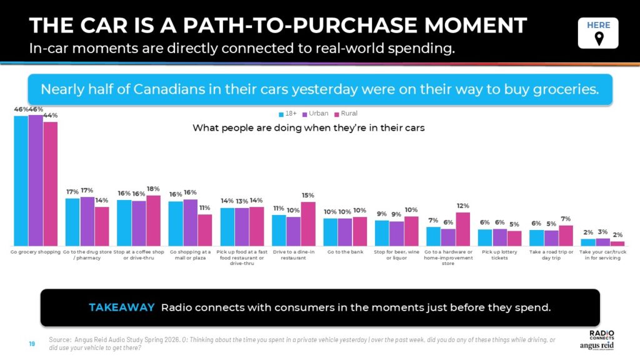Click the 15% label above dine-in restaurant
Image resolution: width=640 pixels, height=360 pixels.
308,195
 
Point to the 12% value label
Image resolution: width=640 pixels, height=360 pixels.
462,206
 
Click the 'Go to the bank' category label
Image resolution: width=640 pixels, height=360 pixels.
344,252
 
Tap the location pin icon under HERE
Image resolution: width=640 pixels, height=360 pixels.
598,39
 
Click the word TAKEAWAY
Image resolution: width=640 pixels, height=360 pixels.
121,307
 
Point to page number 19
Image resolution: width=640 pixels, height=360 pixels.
31,342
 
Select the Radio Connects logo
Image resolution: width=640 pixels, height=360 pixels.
601,335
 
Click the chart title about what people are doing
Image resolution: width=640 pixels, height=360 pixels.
309,128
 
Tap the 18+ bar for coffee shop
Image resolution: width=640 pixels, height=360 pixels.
124,222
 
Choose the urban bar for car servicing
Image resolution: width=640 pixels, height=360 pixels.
602,242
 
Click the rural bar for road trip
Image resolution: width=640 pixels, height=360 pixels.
566,236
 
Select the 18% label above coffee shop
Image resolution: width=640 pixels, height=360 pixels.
153,189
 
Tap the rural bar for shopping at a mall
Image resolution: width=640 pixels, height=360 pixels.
205,230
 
